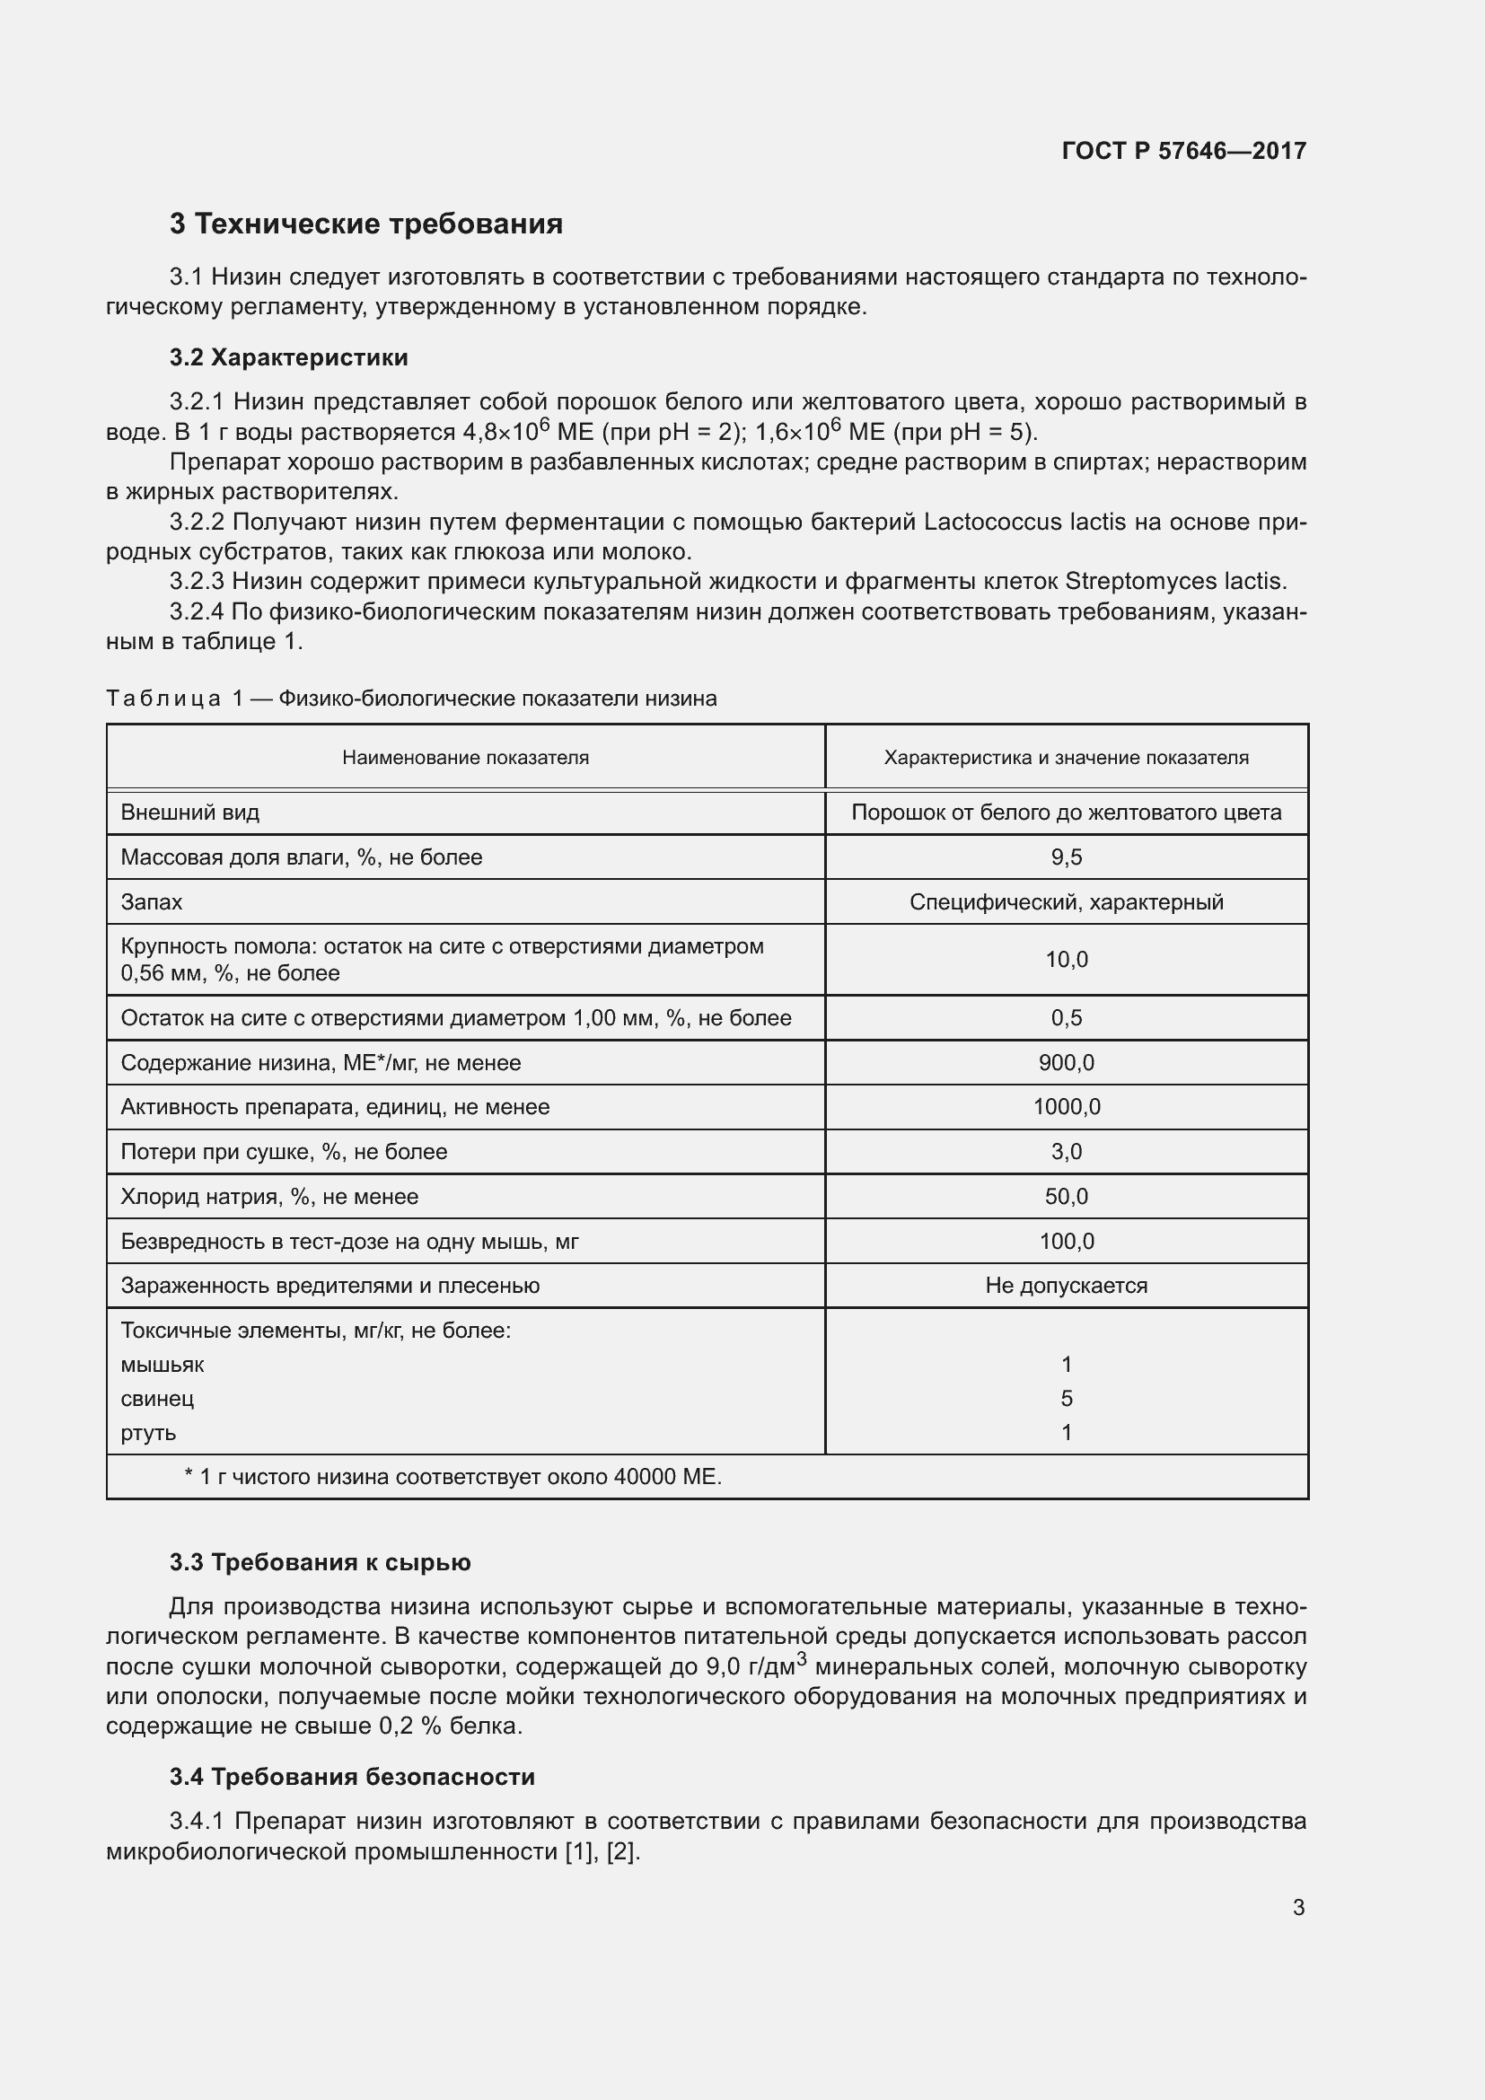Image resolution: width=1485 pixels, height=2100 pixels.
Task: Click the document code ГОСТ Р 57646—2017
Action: pyautogui.click(x=1183, y=151)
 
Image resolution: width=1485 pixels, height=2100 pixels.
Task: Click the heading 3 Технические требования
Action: pyautogui.click(x=365, y=224)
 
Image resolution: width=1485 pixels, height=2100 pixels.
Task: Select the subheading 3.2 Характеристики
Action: pyautogui.click(x=289, y=357)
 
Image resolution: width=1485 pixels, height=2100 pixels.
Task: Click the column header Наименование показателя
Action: pyautogui.click(x=465, y=758)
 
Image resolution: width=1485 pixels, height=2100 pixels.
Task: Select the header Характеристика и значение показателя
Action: pyautogui.click(x=1067, y=758)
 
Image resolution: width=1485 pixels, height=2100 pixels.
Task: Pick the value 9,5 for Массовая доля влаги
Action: pyautogui.click(x=1067, y=857)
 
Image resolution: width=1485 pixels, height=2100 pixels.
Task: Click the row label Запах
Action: pyautogui.click(x=152, y=901)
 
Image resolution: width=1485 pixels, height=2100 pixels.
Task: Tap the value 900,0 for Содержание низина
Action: pyautogui.click(x=1067, y=1063)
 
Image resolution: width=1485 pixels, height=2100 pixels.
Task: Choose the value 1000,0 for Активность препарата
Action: pyautogui.click(x=1067, y=1107)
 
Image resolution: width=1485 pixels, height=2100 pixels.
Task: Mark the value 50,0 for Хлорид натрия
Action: pyautogui.click(x=1067, y=1196)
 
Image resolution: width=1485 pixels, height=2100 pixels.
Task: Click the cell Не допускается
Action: pyautogui.click(x=1067, y=1285)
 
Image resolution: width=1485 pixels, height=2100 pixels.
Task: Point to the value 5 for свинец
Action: pyautogui.click(x=1067, y=1399)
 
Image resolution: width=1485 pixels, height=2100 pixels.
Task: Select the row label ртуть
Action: pyautogui.click(x=148, y=1432)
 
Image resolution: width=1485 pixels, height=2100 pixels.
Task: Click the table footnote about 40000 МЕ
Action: pyautogui.click(x=453, y=1477)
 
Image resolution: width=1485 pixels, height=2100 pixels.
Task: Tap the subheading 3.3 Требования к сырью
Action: pyautogui.click(x=320, y=1562)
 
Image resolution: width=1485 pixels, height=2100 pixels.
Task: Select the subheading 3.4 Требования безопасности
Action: pyautogui.click(x=352, y=1777)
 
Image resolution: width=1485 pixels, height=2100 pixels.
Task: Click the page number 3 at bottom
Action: pyautogui.click(x=1298, y=1908)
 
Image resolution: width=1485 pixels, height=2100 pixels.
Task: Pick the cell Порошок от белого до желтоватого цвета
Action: pyautogui.click(x=1067, y=813)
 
